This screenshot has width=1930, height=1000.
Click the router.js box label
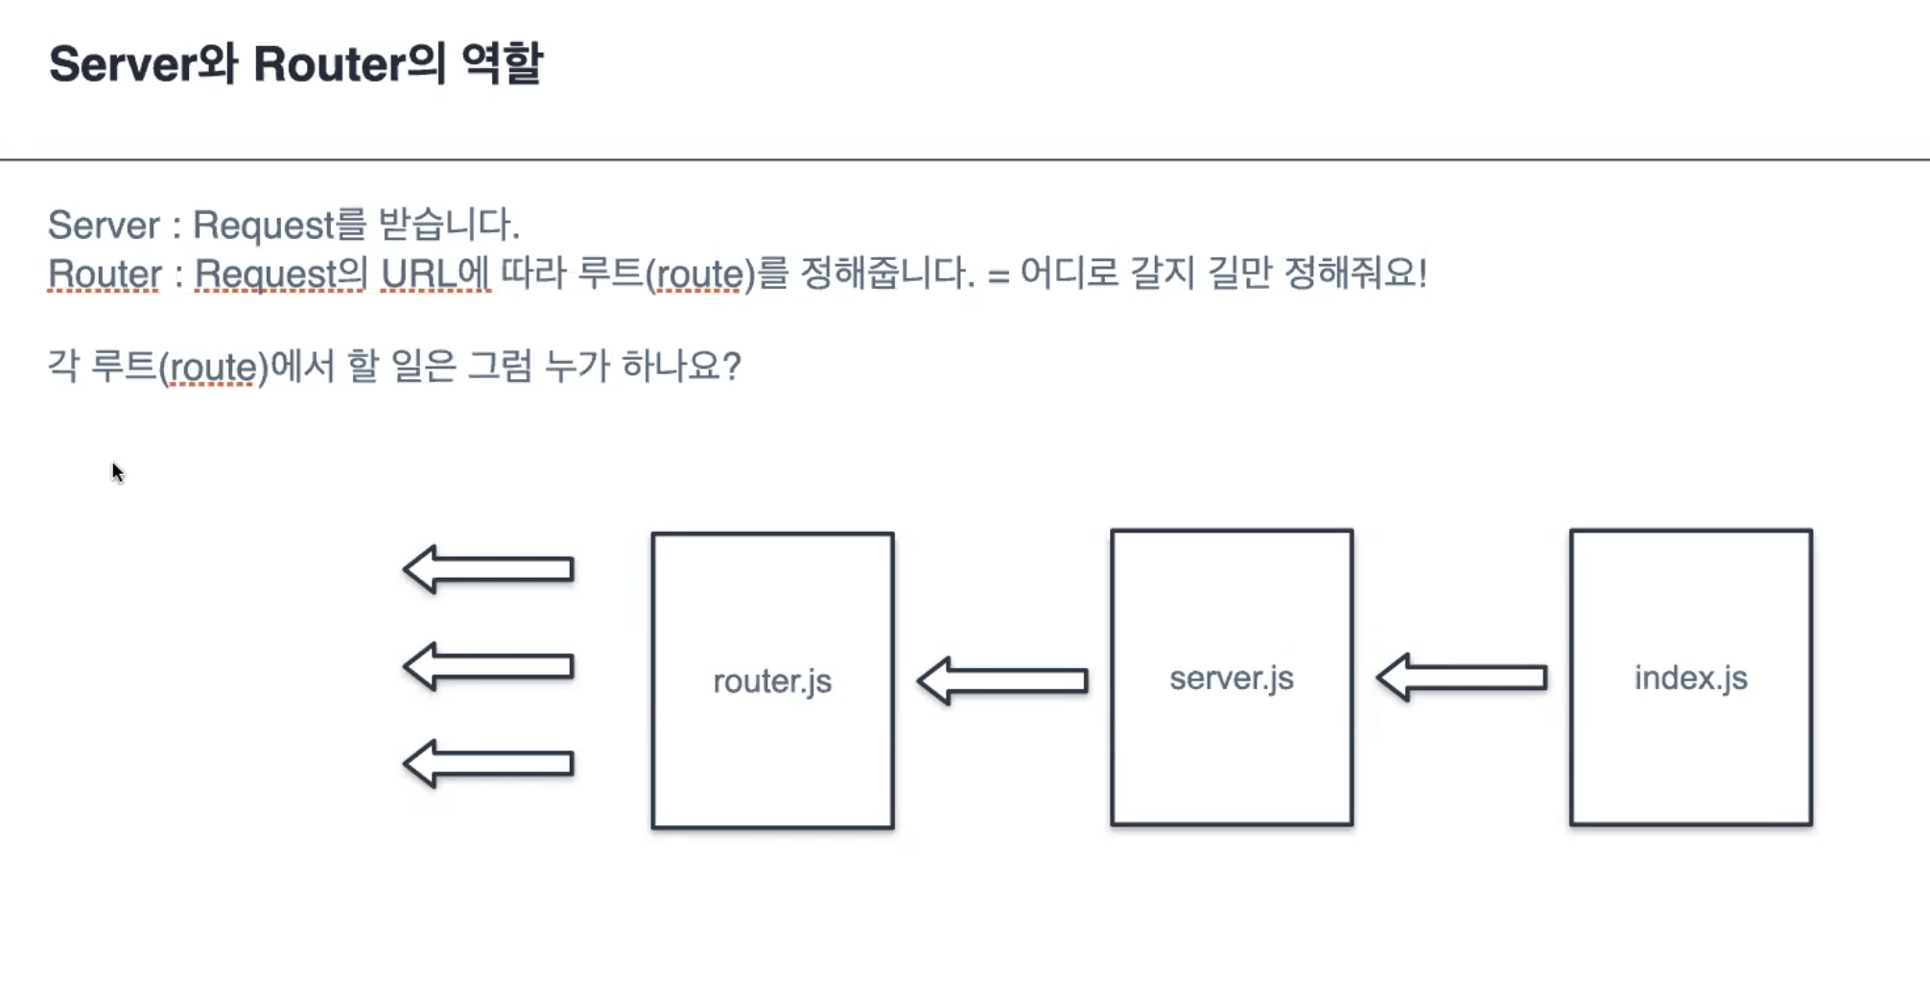pyautogui.click(x=772, y=681)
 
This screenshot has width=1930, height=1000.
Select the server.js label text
pyautogui.click(x=1232, y=679)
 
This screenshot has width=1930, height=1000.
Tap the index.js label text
pyautogui.click(x=1690, y=678)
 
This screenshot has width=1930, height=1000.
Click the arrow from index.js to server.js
pyautogui.click(x=1462, y=678)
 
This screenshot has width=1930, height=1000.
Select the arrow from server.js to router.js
pyautogui.click(x=1002, y=680)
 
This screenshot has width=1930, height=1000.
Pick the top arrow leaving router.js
pyautogui.click(x=488, y=569)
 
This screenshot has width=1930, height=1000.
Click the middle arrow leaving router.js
pyautogui.click(x=488, y=666)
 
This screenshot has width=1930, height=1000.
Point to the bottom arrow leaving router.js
pyautogui.click(x=488, y=763)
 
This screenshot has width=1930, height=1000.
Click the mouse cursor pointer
pyautogui.click(x=117, y=472)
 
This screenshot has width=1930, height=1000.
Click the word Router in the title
pyautogui.click(x=329, y=64)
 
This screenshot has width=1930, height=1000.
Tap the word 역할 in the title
pyautogui.click(x=503, y=64)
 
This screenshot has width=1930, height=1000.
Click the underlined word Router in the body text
pyautogui.click(x=105, y=274)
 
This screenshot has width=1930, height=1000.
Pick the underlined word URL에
pyautogui.click(x=435, y=274)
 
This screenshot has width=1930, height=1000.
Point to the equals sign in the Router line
pyautogui.click(x=998, y=276)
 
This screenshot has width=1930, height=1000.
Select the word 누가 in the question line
pyautogui.click(x=577, y=367)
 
